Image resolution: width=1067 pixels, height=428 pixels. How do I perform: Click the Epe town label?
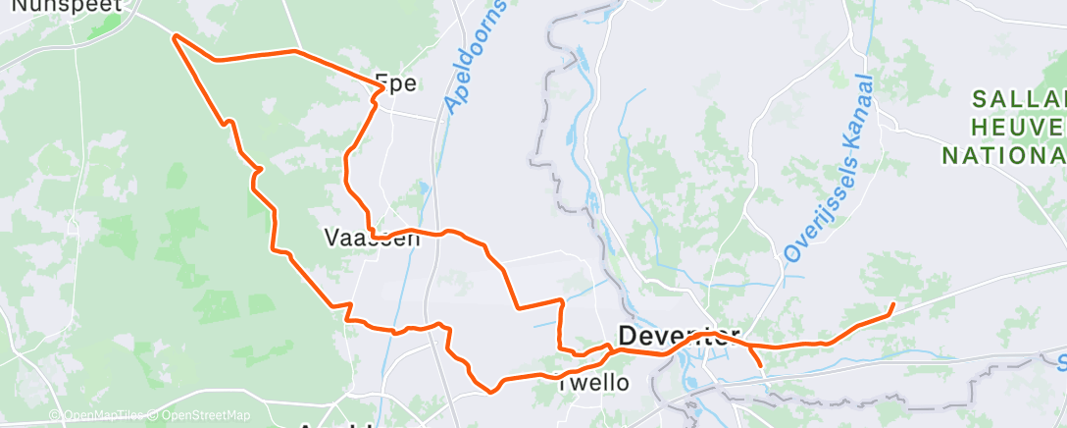[x=396, y=83]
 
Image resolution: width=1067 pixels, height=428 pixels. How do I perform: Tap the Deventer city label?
[x=679, y=336]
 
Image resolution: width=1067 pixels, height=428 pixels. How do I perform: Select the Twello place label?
[x=592, y=382]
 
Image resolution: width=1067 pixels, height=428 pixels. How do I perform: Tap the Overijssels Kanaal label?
[x=828, y=169]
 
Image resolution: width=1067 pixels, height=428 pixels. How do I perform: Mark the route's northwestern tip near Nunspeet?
[x=175, y=37]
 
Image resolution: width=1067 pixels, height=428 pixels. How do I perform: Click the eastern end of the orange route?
[x=891, y=306]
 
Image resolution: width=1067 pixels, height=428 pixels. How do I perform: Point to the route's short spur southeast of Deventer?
[x=761, y=365]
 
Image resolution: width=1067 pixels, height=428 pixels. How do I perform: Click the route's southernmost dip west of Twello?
[x=490, y=390]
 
